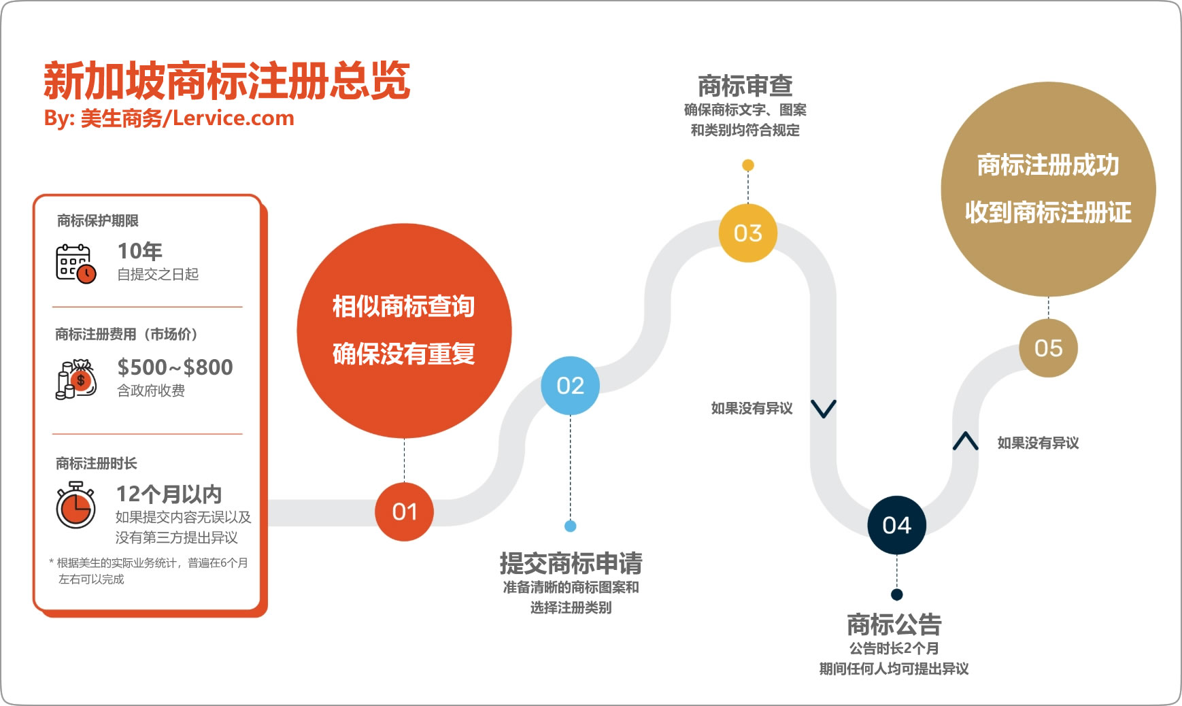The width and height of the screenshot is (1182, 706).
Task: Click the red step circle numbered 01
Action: pyautogui.click(x=404, y=511)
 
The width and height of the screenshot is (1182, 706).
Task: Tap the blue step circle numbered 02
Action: pyautogui.click(x=570, y=386)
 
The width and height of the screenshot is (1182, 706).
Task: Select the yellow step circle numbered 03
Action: pyautogui.click(x=747, y=233)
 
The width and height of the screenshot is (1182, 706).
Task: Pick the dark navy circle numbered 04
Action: pyautogui.click(x=896, y=525)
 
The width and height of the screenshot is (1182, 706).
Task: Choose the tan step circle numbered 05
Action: pyautogui.click(x=1048, y=348)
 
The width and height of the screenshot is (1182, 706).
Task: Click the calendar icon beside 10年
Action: pyautogui.click(x=75, y=263)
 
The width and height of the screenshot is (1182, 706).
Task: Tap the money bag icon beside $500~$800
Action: pyautogui.click(x=75, y=379)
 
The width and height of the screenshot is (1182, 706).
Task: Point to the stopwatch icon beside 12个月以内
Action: pyautogui.click(x=75, y=505)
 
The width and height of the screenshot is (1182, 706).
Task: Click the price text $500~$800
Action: pyautogui.click(x=175, y=367)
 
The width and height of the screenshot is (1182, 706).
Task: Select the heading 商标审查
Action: pyautogui.click(x=745, y=86)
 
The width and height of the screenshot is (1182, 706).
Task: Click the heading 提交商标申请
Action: pyautogui.click(x=571, y=563)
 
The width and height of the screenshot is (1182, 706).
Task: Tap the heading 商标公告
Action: pyautogui.click(x=894, y=624)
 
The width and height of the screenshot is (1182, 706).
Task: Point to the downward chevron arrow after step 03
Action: pyautogui.click(x=823, y=409)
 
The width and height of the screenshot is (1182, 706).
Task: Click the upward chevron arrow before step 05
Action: pyautogui.click(x=965, y=441)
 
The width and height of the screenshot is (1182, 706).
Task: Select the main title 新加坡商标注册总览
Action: pyautogui.click(x=226, y=80)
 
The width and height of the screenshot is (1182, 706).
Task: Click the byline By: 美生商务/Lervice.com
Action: pyautogui.click(x=169, y=118)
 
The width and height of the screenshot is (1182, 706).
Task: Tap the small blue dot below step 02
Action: pyautogui.click(x=571, y=526)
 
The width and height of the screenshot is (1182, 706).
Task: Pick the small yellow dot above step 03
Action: pyautogui.click(x=747, y=165)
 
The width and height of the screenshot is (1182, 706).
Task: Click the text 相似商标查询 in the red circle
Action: pyautogui.click(x=403, y=307)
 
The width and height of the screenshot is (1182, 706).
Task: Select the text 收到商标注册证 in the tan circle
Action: pyautogui.click(x=1048, y=212)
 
